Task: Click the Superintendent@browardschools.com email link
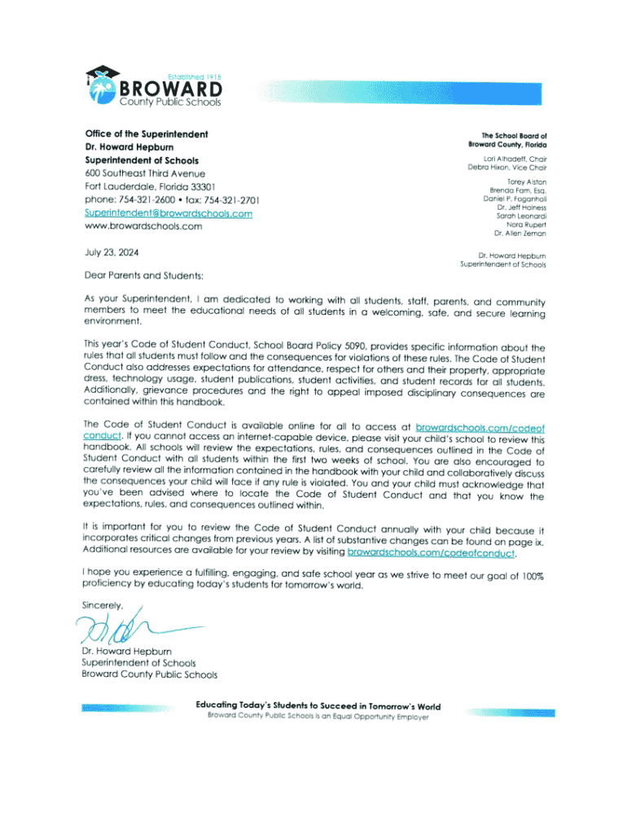(x=168, y=213)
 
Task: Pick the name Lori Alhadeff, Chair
(x=514, y=158)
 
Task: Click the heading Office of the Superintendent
(x=147, y=133)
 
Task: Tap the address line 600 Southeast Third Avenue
(x=144, y=173)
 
